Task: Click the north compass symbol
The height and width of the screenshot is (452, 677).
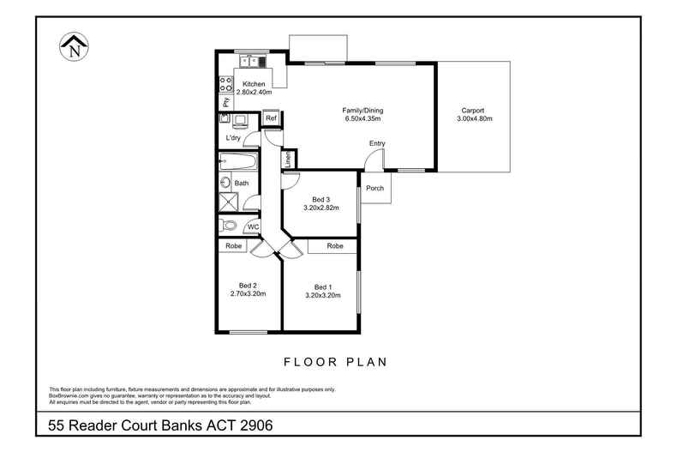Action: [x=72, y=46]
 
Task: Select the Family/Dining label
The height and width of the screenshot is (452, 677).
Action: [x=362, y=111]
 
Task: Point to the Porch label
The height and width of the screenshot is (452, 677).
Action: [x=374, y=188]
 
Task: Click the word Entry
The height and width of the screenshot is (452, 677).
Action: [x=377, y=143]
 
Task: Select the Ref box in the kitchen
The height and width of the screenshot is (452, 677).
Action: [x=271, y=118]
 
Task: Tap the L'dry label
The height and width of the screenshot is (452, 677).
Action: [x=233, y=138]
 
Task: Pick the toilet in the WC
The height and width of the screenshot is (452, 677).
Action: [x=228, y=226]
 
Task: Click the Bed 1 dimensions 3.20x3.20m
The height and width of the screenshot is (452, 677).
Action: [x=323, y=295]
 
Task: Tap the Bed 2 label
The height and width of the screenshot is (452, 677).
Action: [x=248, y=286]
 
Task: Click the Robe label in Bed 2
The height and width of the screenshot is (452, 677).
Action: [x=232, y=246]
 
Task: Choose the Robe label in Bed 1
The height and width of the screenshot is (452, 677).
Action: [x=335, y=246]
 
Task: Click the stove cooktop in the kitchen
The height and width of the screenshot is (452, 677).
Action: [x=226, y=84]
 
